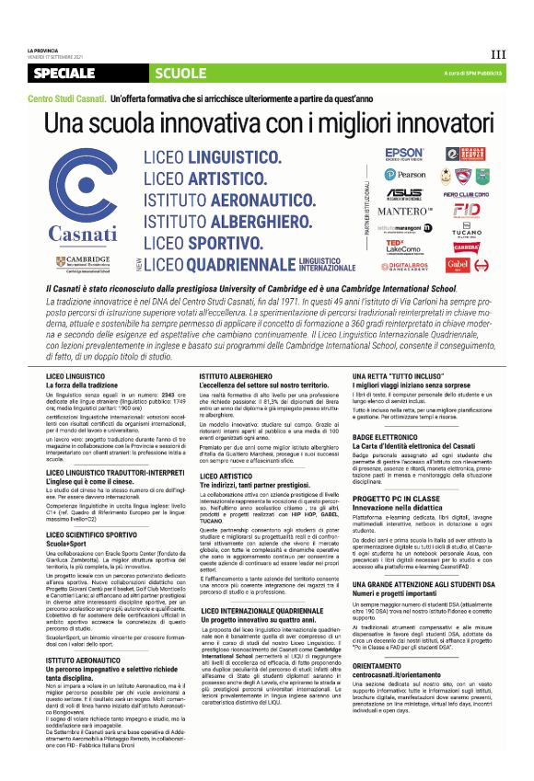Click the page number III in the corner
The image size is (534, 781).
(498, 55)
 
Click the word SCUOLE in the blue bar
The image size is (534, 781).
(180, 73)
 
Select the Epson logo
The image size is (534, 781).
(404, 154)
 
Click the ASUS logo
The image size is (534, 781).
(404, 194)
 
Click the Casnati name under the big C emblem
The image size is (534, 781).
(82, 232)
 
